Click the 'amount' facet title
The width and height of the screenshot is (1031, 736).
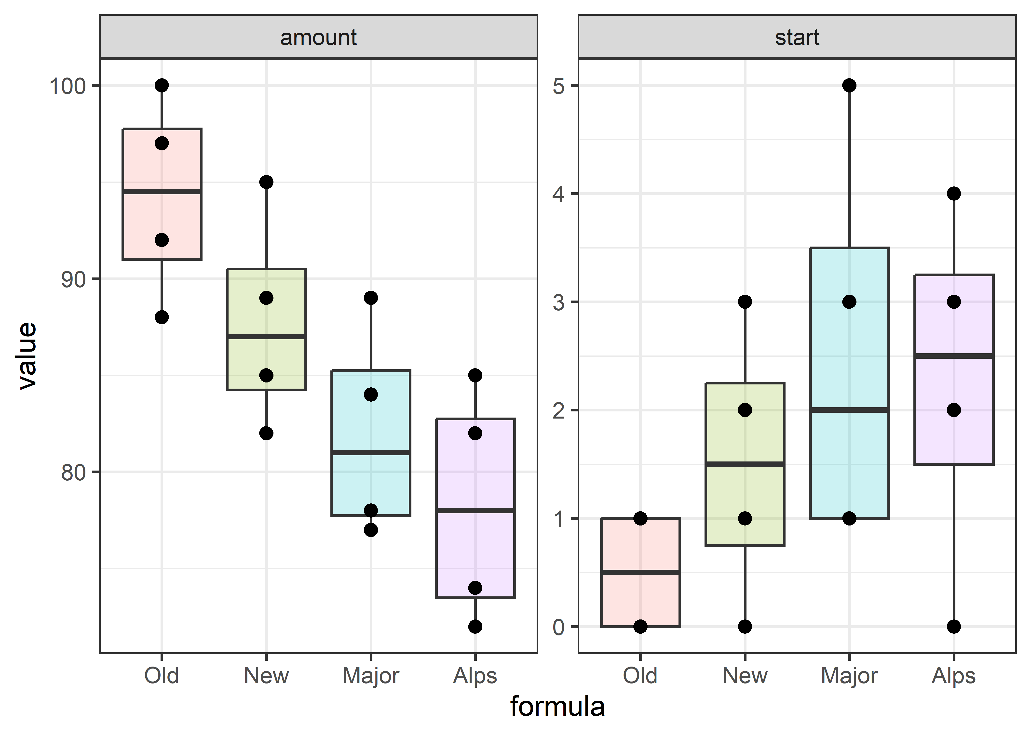coord(318,37)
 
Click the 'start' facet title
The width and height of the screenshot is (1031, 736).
coord(797,37)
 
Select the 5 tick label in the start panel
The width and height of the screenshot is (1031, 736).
coord(559,86)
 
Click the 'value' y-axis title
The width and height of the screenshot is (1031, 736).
coord(27,356)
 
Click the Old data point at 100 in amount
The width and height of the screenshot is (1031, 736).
coord(162,85)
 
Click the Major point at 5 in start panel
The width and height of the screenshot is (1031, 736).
coord(849,85)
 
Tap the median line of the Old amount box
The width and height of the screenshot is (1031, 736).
coord(162,192)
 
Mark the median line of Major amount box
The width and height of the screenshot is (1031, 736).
coord(371,453)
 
